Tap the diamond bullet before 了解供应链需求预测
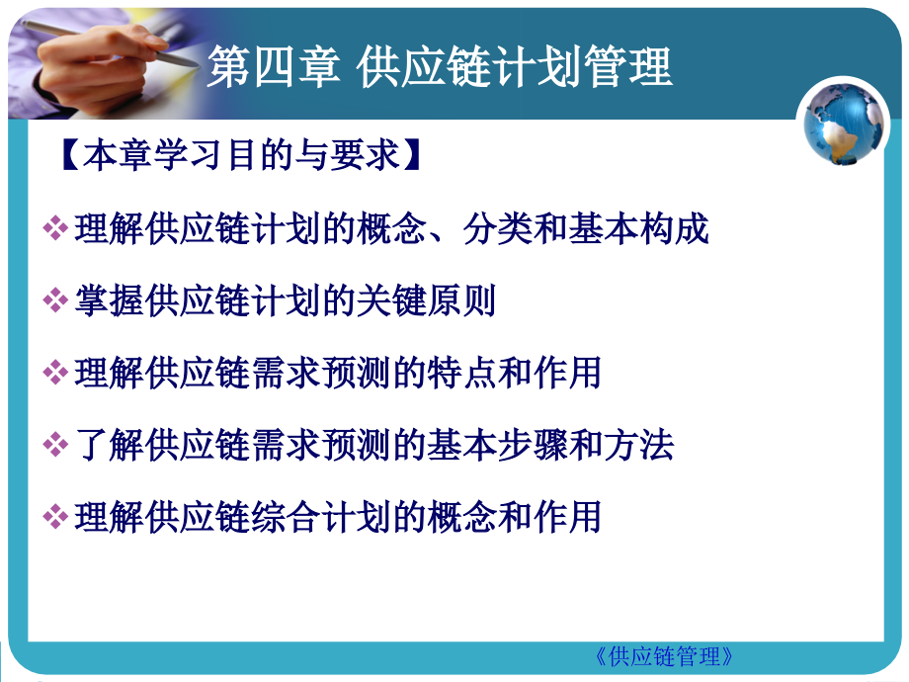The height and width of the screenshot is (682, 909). point(55,446)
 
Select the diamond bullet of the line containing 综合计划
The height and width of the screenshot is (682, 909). point(55,517)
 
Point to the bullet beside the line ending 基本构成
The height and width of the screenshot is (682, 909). point(55,230)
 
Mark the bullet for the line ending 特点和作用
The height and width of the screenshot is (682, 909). point(55,374)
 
